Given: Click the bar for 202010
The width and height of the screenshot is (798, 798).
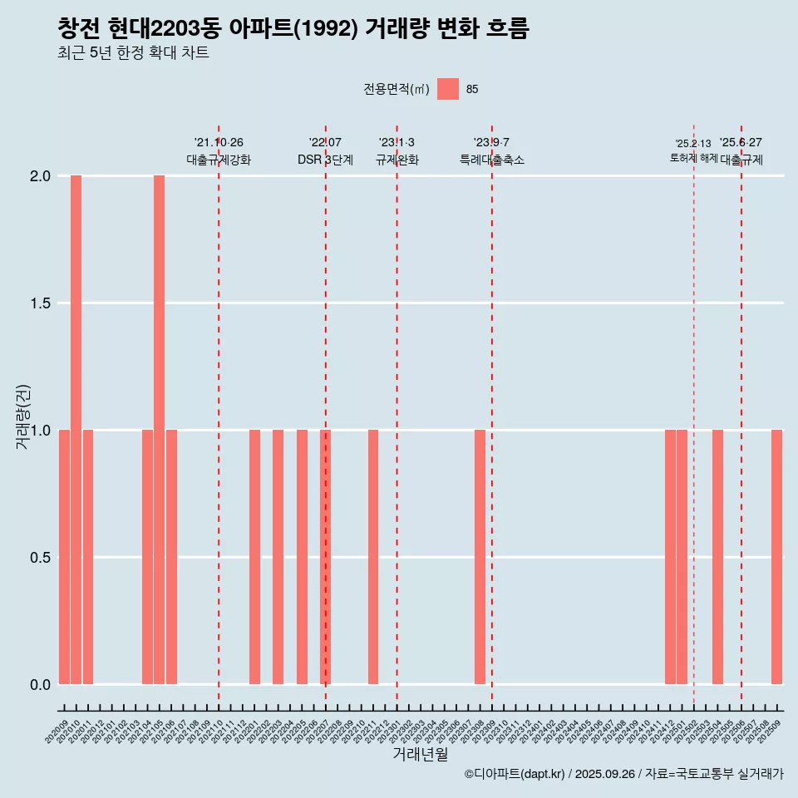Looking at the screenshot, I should [x=76, y=429].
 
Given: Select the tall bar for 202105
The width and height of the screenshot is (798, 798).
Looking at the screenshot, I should [x=159, y=429].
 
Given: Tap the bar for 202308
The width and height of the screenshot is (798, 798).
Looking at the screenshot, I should [x=480, y=557].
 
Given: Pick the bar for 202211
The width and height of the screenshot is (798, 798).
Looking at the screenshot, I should [x=373, y=557].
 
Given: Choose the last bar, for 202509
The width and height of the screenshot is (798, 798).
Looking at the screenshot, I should [x=776, y=557].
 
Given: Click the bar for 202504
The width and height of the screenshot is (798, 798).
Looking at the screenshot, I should [x=717, y=557].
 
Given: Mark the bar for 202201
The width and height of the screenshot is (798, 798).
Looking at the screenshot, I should [x=254, y=557].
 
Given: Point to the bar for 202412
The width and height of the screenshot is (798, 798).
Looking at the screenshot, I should [x=670, y=557].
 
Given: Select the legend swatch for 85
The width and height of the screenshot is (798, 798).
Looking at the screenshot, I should [x=448, y=89].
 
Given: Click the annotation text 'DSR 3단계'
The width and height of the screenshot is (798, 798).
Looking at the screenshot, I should [x=325, y=160].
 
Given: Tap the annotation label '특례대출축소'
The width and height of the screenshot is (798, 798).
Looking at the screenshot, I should [x=492, y=160].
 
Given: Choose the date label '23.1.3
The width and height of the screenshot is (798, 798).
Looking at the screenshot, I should [x=397, y=143].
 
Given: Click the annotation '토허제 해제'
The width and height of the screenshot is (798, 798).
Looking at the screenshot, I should [x=693, y=158].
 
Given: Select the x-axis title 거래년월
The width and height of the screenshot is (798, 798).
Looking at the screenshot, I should [x=420, y=755].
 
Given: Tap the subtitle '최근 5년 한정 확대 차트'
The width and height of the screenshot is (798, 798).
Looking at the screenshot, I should [x=133, y=54].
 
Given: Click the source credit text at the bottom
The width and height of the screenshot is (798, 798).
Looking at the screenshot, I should [x=623, y=774].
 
